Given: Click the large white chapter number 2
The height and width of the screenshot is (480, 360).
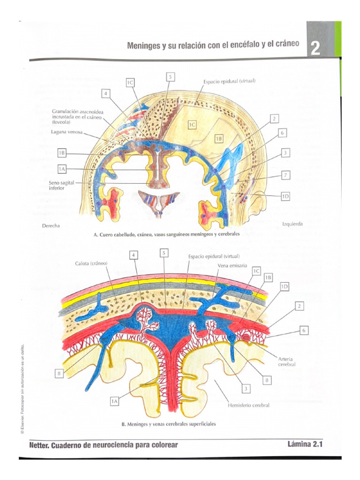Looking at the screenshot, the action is (315, 48).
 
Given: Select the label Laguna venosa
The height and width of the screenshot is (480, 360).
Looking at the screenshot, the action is (67, 132).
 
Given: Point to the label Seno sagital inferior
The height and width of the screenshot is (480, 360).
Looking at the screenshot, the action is (61, 185).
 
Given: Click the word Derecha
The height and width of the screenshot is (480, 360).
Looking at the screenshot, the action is (51, 225).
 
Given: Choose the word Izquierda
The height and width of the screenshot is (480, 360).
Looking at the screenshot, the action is (292, 224).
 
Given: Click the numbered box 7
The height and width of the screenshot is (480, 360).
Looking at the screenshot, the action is (285, 175).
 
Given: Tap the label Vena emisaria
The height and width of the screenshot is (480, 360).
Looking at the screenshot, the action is (232, 265).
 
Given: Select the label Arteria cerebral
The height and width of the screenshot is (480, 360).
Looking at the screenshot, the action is (286, 361).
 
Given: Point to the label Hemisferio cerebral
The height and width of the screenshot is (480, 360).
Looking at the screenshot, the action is (248, 405).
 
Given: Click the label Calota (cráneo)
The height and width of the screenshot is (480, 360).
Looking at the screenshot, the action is (91, 263).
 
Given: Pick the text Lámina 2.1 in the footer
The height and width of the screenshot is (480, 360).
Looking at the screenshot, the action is (305, 444).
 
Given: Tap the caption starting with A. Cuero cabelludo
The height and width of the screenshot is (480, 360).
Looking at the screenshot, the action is (166, 234).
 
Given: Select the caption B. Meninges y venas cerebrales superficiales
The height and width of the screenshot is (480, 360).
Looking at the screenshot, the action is (169, 424).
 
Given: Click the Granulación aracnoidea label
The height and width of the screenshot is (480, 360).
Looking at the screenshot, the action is (77, 117).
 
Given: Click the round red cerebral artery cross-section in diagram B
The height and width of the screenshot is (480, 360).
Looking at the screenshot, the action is (246, 337).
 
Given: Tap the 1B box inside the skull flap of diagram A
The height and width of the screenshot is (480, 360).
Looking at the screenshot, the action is (218, 139).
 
